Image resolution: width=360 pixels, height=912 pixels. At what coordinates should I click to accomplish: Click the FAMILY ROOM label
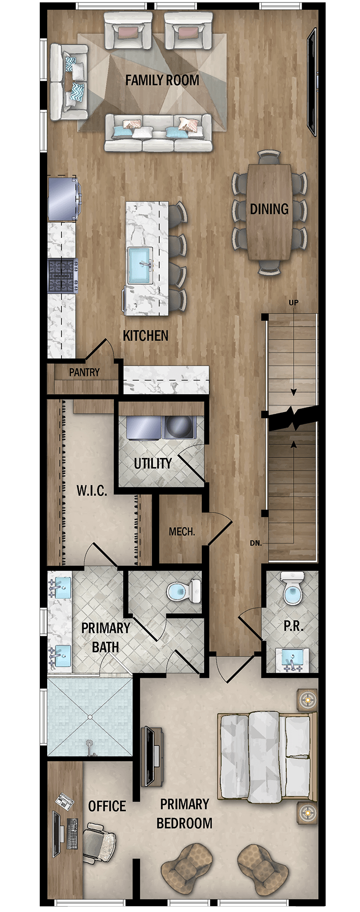(x=162, y=80)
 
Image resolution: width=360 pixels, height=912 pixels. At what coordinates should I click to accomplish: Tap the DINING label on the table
(x=269, y=209)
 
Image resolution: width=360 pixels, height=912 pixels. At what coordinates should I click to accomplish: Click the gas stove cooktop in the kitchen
(x=62, y=276)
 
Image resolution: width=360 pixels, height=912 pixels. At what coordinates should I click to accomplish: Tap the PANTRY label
(x=84, y=372)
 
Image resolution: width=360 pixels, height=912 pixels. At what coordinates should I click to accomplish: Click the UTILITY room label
(x=153, y=463)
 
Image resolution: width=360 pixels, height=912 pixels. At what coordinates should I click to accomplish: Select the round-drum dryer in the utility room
(x=179, y=427)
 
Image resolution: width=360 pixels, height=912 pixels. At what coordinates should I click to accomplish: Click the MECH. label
(x=182, y=532)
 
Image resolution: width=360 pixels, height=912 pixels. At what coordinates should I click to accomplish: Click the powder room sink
(x=292, y=659)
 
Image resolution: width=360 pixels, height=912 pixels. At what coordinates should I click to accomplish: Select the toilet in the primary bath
(x=184, y=591)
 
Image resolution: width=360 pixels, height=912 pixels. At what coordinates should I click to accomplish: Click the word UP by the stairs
(x=293, y=303)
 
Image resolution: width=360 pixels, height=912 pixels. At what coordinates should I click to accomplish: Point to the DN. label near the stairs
(x=255, y=543)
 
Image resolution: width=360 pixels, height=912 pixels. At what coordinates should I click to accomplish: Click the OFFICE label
(x=107, y=806)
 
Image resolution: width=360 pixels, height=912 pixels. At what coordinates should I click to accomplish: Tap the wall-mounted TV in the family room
(x=311, y=82)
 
